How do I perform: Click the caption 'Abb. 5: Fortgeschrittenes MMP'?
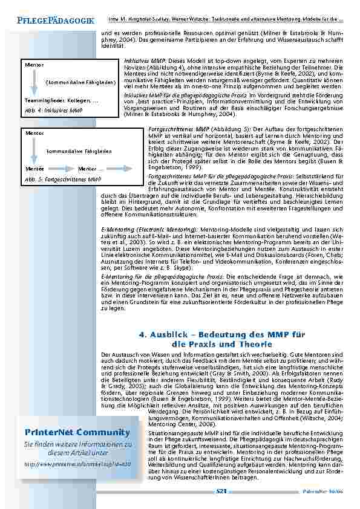point(67,180)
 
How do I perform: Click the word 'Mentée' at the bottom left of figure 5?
point(34,169)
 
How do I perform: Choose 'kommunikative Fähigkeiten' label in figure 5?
point(79,151)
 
